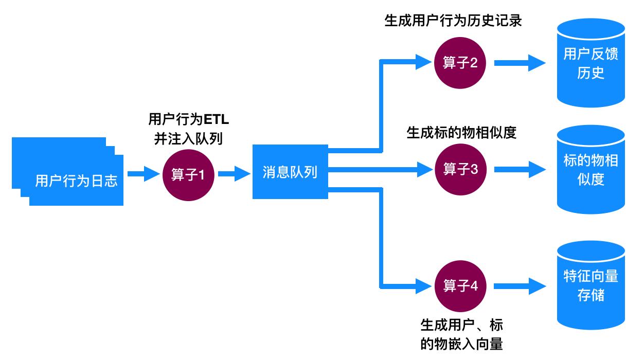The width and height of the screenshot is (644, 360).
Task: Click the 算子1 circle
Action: (x=187, y=175)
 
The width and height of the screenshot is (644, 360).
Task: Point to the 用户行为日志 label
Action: (x=76, y=181)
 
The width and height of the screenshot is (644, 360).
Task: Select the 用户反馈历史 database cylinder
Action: (x=591, y=64)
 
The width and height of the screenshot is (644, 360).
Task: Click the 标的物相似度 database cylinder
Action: (x=591, y=170)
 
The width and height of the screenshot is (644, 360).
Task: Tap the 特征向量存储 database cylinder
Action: (x=591, y=286)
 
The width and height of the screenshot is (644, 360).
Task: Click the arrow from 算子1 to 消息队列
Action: (x=234, y=174)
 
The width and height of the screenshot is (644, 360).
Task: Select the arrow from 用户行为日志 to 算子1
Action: (x=144, y=174)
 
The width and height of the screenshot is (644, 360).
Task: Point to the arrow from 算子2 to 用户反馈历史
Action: (x=520, y=63)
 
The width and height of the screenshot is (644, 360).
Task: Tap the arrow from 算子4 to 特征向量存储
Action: (x=520, y=285)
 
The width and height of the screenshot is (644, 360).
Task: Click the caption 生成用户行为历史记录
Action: (x=454, y=22)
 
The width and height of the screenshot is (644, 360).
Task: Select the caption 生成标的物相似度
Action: (x=461, y=133)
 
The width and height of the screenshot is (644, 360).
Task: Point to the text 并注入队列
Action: (x=189, y=139)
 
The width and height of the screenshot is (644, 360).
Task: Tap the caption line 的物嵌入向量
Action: (x=461, y=343)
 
